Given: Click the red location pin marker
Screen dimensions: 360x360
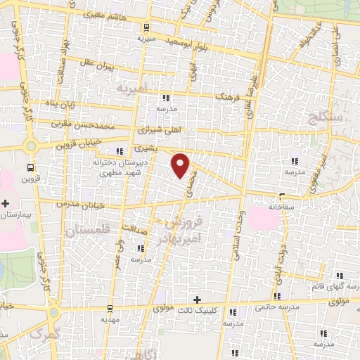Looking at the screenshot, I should (181, 164).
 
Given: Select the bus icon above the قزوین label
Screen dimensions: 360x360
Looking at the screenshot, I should (30, 167).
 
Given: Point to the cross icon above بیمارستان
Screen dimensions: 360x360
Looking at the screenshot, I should (6, 202).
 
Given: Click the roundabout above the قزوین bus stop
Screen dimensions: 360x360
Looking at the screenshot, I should (30, 146).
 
